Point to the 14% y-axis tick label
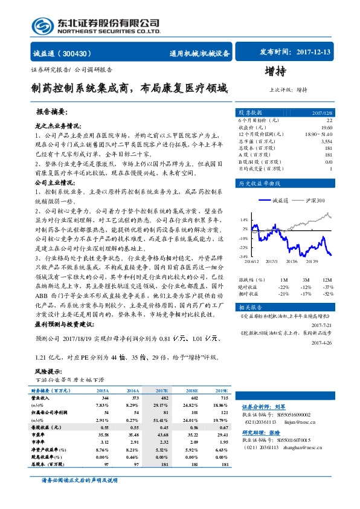(x=244, y=220)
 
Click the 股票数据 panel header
(x=250, y=112)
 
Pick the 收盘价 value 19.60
(x=327, y=128)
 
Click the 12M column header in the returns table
(x=327, y=280)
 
